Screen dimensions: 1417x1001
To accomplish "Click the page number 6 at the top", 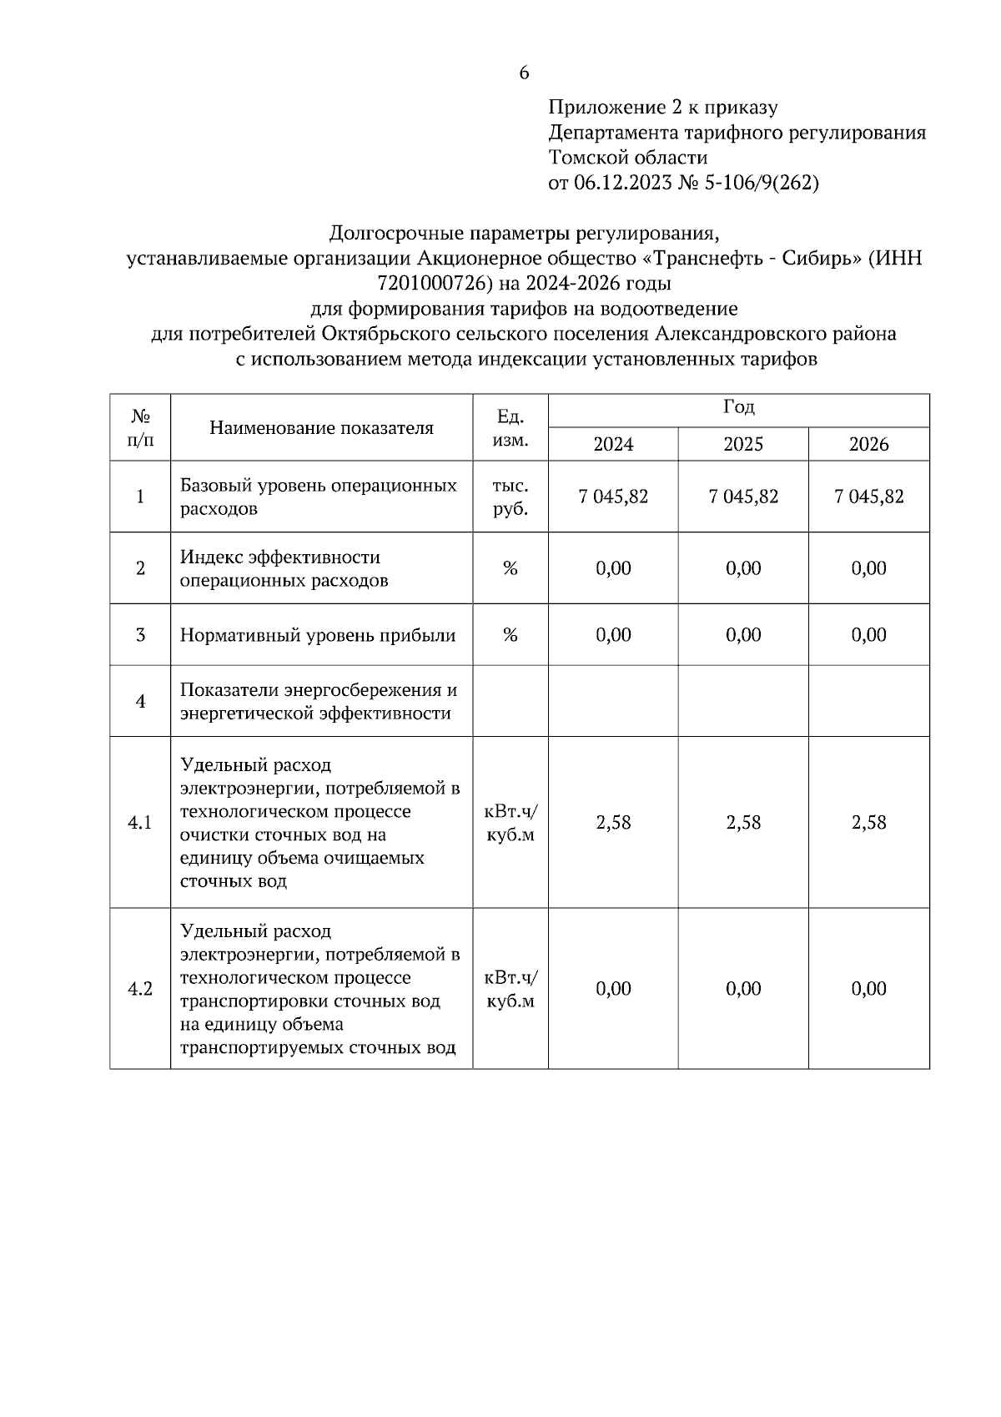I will click(x=524, y=73).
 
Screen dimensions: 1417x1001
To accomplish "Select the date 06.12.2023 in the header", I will click(x=622, y=183).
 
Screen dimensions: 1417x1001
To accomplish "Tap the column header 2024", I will click(x=613, y=445).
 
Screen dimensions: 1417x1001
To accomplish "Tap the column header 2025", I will click(x=742, y=445).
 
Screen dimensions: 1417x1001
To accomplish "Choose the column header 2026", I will click(x=868, y=445).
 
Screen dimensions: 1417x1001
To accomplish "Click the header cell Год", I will click(x=738, y=408).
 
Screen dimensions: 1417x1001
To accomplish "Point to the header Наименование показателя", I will click(x=321, y=428).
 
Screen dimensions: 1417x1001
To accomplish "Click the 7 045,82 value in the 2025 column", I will click(x=742, y=497).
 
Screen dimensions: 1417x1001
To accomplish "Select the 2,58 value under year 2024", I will click(x=613, y=823).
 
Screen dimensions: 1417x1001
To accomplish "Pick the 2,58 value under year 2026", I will click(x=868, y=823).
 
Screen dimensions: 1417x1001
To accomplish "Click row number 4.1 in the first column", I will click(x=140, y=823).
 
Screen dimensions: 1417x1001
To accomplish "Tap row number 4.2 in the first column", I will click(x=140, y=989).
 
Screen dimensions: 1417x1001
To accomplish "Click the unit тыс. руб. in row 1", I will click(x=511, y=497).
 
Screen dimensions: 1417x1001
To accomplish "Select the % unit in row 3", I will click(x=511, y=635).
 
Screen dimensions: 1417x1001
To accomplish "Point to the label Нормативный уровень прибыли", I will click(x=318, y=636).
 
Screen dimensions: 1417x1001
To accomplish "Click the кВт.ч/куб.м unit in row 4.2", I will click(x=511, y=989).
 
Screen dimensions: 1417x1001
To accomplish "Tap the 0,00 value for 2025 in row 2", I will click(x=742, y=568).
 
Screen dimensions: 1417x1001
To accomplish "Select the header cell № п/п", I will click(x=140, y=427).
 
